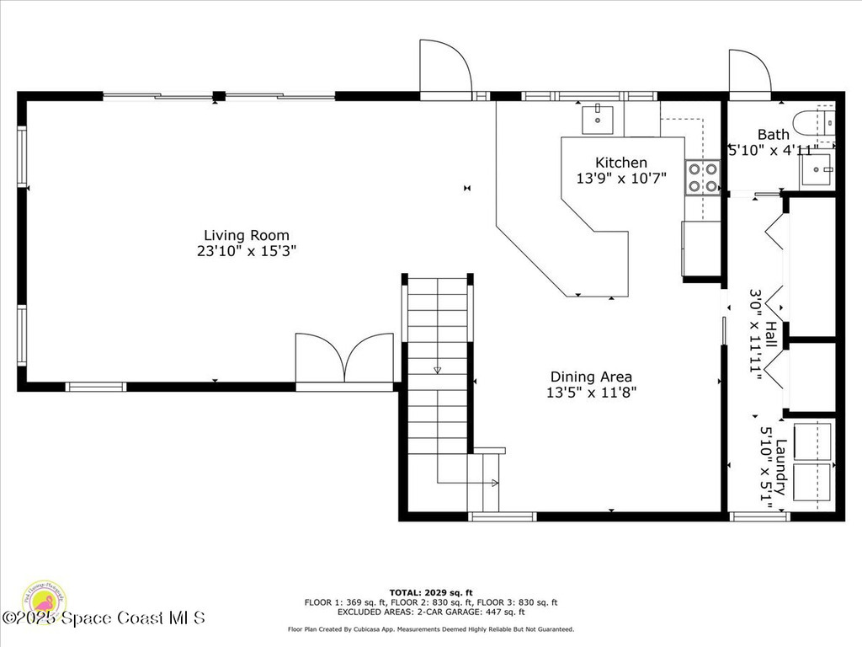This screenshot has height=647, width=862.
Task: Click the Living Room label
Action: coord(246,235)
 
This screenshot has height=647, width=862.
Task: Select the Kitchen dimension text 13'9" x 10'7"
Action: coord(621,179)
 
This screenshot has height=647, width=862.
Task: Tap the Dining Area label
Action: coord(591,377)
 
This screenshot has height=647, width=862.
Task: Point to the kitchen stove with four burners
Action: coord(703,177)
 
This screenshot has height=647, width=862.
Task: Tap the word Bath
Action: coord(773,134)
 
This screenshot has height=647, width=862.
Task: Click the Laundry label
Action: coord(781,461)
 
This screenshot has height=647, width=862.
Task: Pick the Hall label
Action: coord(771,328)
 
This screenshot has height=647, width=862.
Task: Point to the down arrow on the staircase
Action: coord(437,369)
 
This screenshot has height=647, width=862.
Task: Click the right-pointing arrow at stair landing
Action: coord(494,483)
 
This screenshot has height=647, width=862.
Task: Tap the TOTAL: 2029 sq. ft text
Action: coord(430,592)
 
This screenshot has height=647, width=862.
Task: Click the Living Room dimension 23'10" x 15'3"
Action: coord(246,251)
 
